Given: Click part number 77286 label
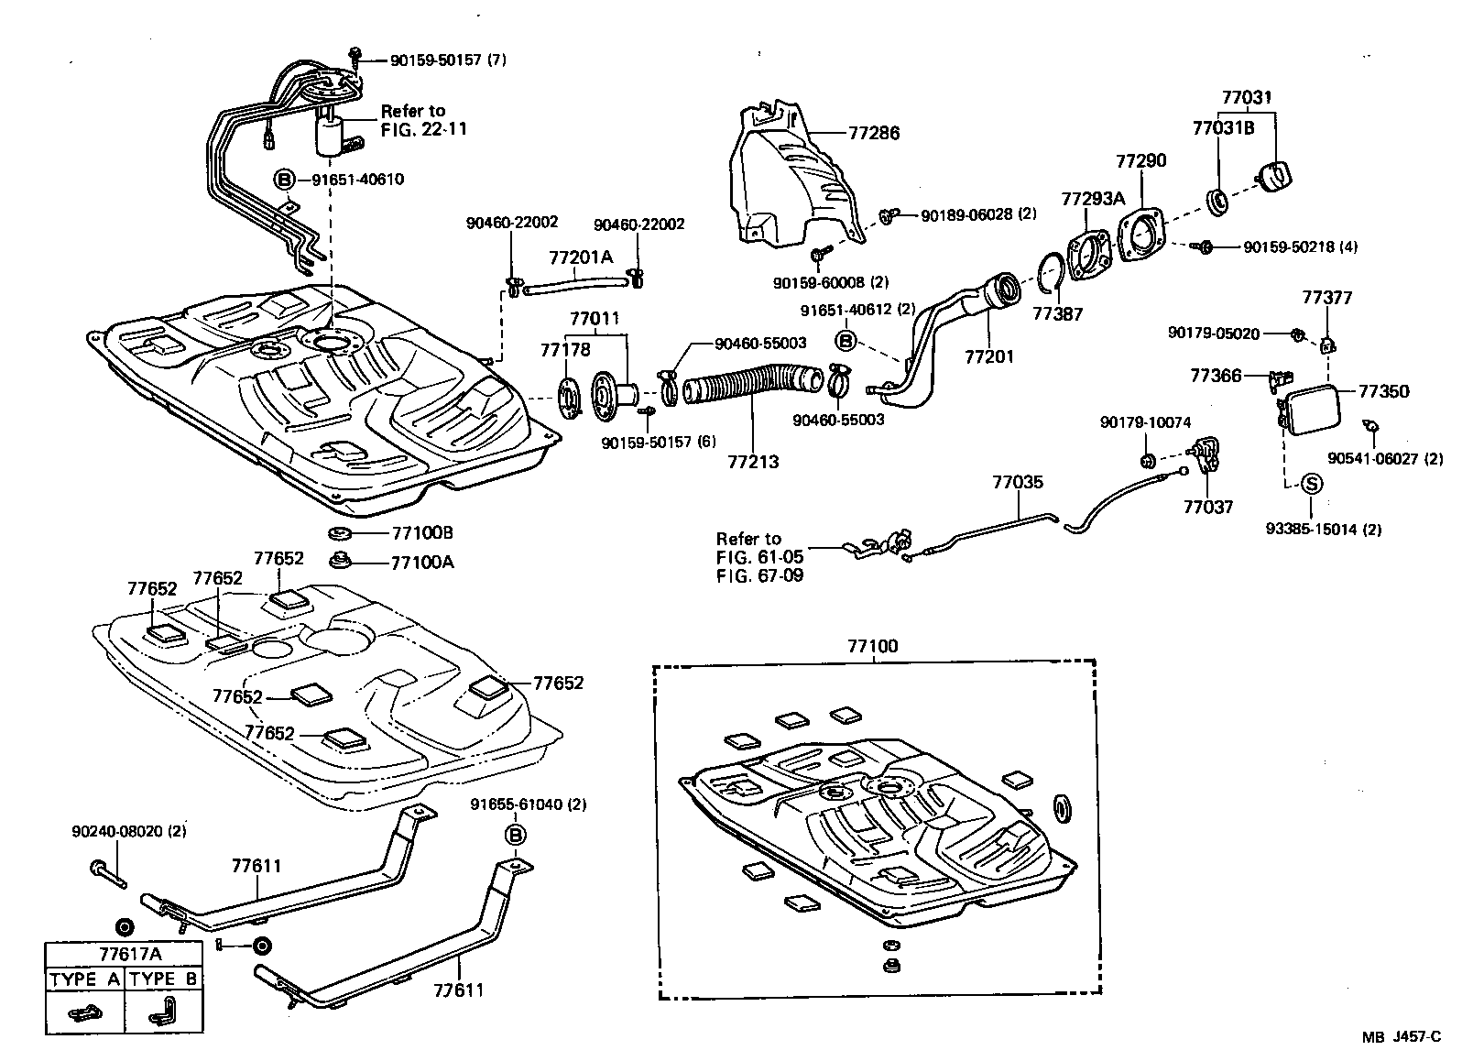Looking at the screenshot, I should click(x=874, y=133).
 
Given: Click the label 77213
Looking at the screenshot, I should click(x=753, y=462).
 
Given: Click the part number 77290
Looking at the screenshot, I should click(x=1140, y=161).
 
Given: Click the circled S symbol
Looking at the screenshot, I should click(x=1310, y=484).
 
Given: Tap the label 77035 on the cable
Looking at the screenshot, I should click(x=1017, y=483).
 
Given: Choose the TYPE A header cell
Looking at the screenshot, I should click(x=84, y=979).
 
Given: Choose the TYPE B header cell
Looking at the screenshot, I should click(x=163, y=979).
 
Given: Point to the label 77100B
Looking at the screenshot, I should click(x=422, y=533).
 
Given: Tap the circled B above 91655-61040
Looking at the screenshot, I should click(x=515, y=835).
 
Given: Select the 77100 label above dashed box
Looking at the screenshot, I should click(x=872, y=647).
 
